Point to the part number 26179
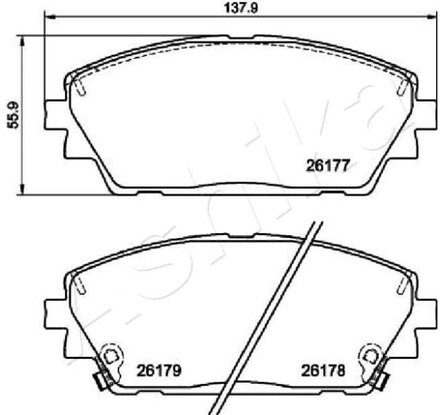coord(157,371)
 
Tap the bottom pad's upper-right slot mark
coord(401,284)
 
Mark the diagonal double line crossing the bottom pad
coord(265,318)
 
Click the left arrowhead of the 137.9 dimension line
coord(48,17)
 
